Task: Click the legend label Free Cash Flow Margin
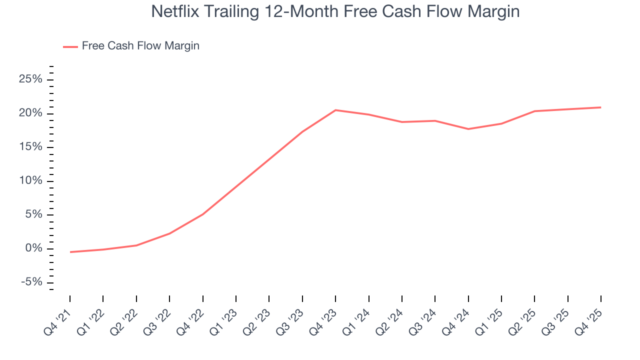point(140,46)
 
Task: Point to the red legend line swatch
point(70,46)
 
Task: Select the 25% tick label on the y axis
point(31,79)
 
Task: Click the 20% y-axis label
point(31,113)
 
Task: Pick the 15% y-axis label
point(31,147)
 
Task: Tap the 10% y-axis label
point(31,181)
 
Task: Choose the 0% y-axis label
point(34,248)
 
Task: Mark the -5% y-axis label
point(31,282)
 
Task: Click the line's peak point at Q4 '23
point(335,110)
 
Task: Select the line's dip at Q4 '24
point(468,129)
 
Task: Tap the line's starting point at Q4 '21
point(70,252)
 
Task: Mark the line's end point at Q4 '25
point(600,107)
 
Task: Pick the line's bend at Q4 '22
point(202,214)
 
